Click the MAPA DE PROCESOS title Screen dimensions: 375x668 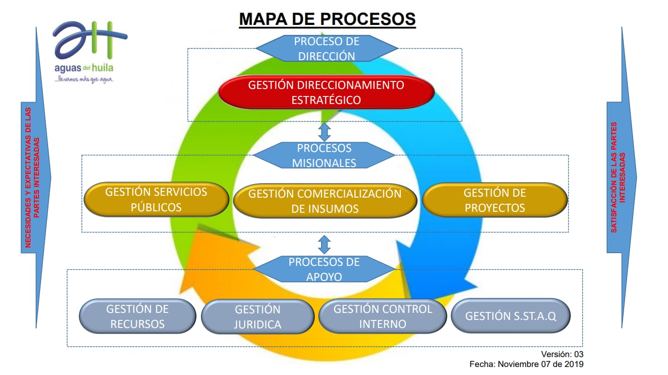[327, 19]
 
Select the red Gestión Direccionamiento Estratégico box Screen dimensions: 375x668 [326, 92]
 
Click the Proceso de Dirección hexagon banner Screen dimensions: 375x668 [326, 48]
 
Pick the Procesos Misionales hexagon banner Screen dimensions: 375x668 [324, 155]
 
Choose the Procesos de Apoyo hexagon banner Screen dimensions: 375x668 [324, 269]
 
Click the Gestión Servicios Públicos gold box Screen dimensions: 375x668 [156, 199]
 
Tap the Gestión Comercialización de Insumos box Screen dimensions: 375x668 [325, 201]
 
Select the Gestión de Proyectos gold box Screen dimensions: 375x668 [495, 200]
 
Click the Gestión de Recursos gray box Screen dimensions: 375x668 [137, 316]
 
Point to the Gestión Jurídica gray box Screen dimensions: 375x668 [257, 317]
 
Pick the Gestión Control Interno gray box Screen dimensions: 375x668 [382, 316]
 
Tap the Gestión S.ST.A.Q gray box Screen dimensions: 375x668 [511, 316]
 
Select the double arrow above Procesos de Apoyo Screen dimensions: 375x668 [324, 244]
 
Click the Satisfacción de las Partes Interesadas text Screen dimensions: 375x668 [618, 178]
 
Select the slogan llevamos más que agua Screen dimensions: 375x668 [84, 80]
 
